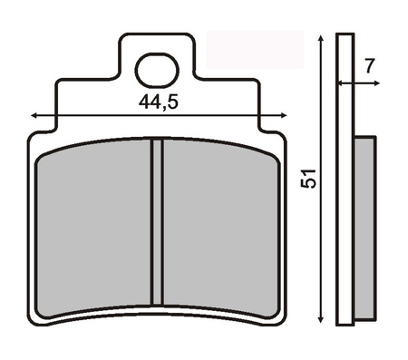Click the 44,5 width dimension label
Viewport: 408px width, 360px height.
pyautogui.click(x=159, y=102)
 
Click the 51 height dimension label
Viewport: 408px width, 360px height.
pyautogui.click(x=308, y=179)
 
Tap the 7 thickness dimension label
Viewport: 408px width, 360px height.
pyautogui.click(x=370, y=65)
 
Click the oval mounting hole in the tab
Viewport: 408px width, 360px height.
pyautogui.click(x=157, y=70)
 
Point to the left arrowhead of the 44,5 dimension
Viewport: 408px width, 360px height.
pyautogui.click(x=34, y=115)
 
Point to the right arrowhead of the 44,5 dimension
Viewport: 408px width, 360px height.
pyautogui.click(x=284, y=115)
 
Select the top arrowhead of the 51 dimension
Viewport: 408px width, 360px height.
pyautogui.click(x=321, y=38)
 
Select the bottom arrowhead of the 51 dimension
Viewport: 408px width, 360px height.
pyautogui.click(x=321, y=319)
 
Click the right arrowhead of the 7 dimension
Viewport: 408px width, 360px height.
pyautogui.click(x=376, y=83)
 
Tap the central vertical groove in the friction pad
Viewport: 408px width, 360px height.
pyautogui.click(x=157, y=221)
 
